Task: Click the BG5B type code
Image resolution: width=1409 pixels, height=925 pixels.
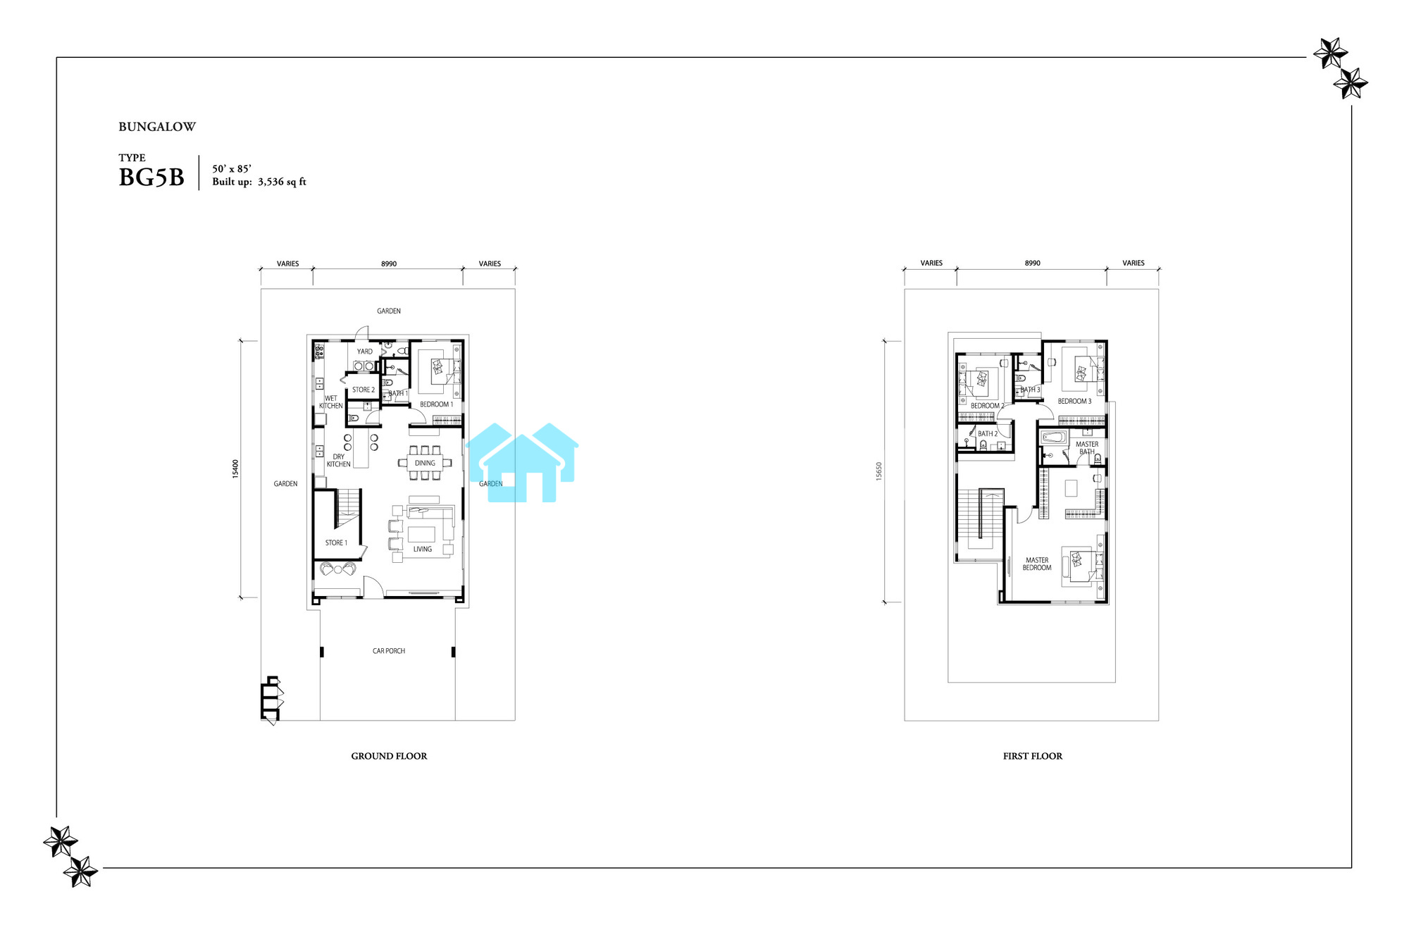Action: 151,178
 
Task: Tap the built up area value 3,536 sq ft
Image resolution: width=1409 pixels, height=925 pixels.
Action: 282,182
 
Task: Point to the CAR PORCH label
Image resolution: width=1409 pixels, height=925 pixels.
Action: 389,651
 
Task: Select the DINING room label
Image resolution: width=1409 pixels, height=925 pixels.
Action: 425,463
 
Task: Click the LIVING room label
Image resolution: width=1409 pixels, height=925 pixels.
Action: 423,549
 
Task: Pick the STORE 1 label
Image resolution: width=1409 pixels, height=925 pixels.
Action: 336,542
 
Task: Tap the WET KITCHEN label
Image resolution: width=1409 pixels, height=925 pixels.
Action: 331,402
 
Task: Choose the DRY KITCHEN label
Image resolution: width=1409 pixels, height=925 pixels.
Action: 339,460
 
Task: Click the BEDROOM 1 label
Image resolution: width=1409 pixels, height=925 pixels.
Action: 437,404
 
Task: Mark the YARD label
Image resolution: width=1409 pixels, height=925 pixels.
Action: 365,352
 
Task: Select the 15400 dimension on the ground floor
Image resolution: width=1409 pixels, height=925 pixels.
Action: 235,469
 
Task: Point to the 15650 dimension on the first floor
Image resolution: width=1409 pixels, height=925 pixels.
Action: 879,472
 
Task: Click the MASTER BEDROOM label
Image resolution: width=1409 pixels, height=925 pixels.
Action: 1037,564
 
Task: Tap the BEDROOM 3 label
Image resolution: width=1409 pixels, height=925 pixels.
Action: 1074,402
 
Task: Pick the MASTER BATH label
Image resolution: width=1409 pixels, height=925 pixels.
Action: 1087,448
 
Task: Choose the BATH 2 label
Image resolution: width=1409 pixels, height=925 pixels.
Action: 988,434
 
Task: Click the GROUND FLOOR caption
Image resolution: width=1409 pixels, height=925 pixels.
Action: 389,756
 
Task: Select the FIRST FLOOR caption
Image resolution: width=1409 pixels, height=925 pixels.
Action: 1033,756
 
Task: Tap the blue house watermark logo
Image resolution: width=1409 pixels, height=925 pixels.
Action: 522,462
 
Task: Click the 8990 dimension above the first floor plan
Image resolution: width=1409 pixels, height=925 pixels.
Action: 1033,263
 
